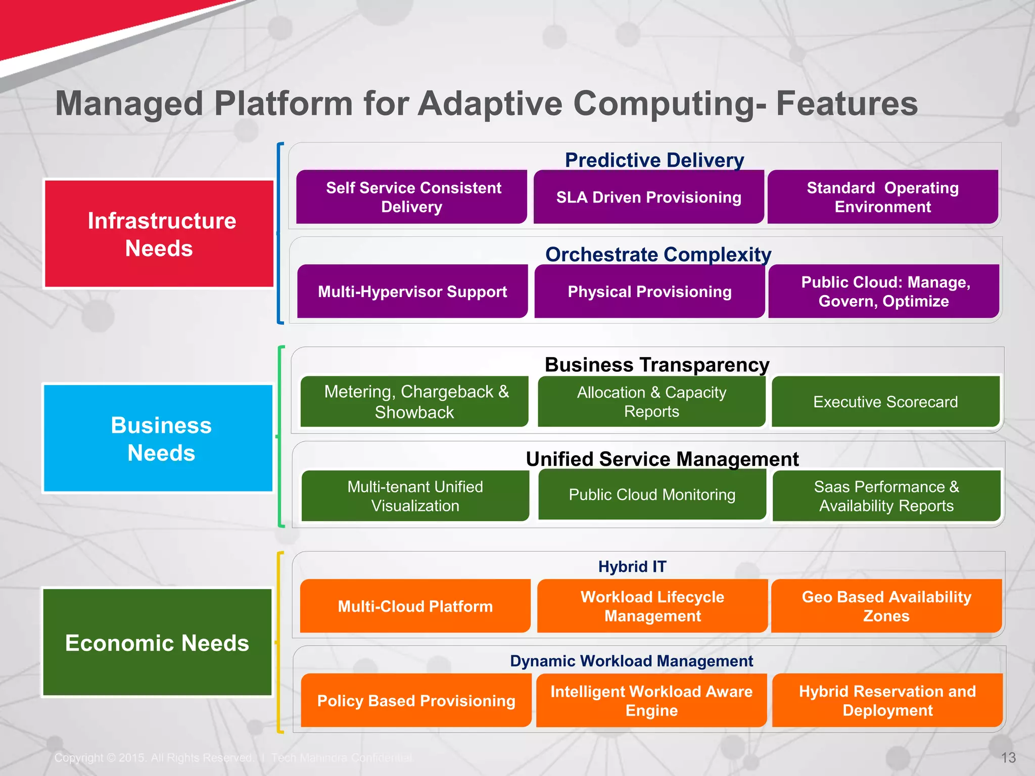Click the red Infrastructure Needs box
159,234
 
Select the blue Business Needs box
158,439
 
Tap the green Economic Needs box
157,643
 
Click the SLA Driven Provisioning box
648,197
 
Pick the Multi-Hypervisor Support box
412,292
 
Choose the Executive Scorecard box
885,402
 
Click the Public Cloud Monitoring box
652,495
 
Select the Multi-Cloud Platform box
415,606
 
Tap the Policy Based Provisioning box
416,701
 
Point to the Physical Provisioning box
649,292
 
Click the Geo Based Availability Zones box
886,606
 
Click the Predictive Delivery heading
654,160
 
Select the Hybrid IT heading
632,566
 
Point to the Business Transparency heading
657,364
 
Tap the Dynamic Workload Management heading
631,661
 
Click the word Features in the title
846,104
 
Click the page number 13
1008,758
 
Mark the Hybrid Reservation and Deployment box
887,701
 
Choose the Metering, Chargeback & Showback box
415,402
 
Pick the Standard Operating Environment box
882,197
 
